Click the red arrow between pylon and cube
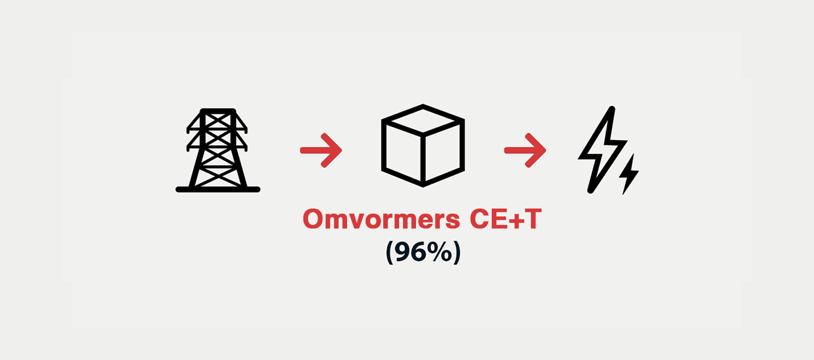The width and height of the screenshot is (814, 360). [x=321, y=150]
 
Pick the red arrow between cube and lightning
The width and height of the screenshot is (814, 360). [x=525, y=150]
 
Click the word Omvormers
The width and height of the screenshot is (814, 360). [x=382, y=219]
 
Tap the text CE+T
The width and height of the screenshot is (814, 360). [x=505, y=219]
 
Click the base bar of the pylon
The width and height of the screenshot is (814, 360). [x=218, y=189]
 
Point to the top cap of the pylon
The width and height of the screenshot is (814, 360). [x=218, y=111]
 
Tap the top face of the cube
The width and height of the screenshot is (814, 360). [x=423, y=119]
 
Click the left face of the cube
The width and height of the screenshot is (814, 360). [x=402, y=152]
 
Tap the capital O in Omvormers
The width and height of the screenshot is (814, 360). [x=313, y=219]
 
